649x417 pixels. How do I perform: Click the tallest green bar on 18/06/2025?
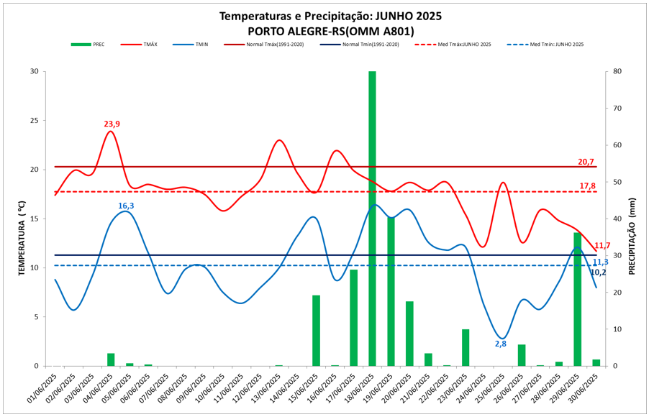click(x=372, y=216)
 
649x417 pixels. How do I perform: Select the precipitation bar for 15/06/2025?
click(x=316, y=330)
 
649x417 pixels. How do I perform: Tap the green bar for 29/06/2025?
click(x=577, y=298)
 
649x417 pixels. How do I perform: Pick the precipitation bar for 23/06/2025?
click(x=466, y=347)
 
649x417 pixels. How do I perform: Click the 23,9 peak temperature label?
click(x=112, y=124)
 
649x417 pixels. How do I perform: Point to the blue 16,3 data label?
click(x=127, y=206)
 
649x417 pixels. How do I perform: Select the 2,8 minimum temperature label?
click(x=501, y=344)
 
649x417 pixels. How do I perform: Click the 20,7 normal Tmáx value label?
click(x=586, y=162)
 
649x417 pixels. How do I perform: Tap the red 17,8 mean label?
click(x=587, y=186)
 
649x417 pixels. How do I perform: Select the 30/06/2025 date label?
click(x=589, y=389)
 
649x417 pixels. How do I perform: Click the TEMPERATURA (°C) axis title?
click(x=22, y=219)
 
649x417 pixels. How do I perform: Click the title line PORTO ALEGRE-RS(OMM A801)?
click(x=330, y=31)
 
